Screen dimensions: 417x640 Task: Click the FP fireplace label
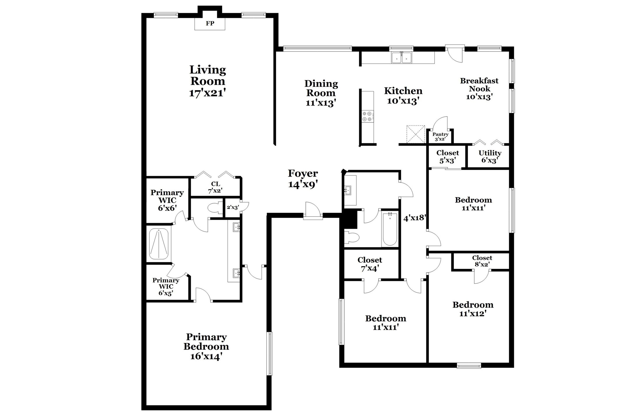[x=210, y=24]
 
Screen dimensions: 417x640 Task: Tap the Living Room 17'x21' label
[x=208, y=81]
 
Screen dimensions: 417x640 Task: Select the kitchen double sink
[x=401, y=58]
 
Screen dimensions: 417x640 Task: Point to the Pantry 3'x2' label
[x=440, y=136]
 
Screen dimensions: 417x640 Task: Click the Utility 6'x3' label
[x=490, y=156]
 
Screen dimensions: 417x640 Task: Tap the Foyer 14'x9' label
[x=303, y=179]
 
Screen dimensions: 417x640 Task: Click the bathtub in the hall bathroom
[x=390, y=229]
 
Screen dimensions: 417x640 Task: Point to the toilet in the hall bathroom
[x=351, y=237]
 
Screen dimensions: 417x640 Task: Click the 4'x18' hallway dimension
[x=415, y=218]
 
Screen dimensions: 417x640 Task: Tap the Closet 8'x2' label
[x=482, y=261]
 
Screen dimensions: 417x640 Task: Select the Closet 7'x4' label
[x=370, y=264]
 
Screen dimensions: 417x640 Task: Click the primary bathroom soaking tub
[x=159, y=244]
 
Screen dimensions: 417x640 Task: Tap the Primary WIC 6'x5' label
[x=166, y=286]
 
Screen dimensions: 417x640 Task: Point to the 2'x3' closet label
[x=233, y=207]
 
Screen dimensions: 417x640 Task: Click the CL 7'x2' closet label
[x=215, y=187]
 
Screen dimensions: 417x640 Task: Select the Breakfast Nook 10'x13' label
[x=479, y=89]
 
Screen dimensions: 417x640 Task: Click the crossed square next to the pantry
[x=416, y=134]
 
